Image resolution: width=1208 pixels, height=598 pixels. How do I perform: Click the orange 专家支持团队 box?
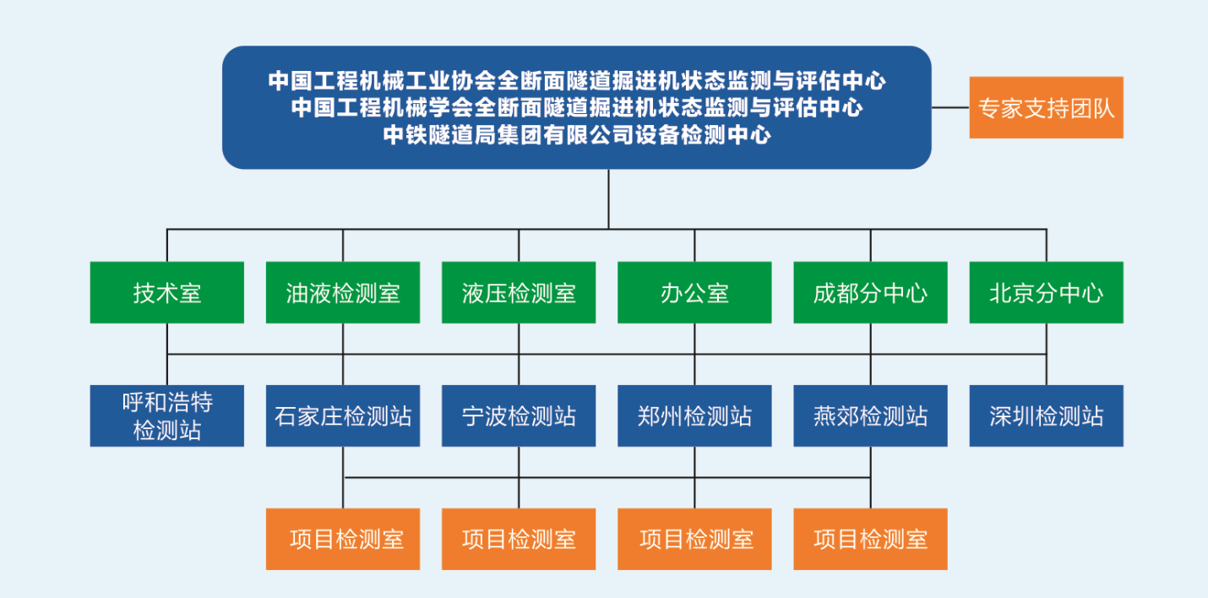click(1046, 107)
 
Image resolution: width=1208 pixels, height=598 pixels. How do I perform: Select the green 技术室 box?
click(166, 292)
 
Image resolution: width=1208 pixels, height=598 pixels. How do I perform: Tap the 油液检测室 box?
click(342, 292)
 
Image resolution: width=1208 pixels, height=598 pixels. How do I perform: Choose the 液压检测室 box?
click(518, 292)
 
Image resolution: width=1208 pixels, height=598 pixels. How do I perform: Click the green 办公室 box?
click(694, 292)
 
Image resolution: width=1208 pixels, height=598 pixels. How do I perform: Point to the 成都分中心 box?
click(870, 292)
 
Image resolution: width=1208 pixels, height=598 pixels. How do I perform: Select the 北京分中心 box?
click(1046, 292)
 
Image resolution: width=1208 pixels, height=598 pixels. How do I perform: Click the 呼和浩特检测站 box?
click(166, 416)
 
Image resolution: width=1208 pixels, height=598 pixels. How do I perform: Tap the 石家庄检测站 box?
click(342, 416)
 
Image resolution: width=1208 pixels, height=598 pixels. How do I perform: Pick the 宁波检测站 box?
click(518, 416)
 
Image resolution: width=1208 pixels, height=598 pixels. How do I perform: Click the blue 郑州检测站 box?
click(694, 416)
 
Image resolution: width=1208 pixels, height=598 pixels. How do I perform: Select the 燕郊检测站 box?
click(870, 416)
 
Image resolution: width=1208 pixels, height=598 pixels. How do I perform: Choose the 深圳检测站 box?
click(1046, 416)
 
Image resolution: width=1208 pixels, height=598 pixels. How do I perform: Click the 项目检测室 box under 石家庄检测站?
click(342, 539)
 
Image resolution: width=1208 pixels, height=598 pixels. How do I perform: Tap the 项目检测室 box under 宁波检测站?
click(518, 539)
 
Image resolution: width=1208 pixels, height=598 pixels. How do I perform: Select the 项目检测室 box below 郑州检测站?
click(694, 539)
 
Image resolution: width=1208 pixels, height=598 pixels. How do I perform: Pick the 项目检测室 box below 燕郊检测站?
click(870, 539)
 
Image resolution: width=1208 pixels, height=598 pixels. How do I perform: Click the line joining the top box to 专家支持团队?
click(950, 107)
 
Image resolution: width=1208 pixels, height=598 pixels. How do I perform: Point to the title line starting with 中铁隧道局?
click(576, 135)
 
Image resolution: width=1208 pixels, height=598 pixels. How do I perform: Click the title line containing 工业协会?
click(576, 81)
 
